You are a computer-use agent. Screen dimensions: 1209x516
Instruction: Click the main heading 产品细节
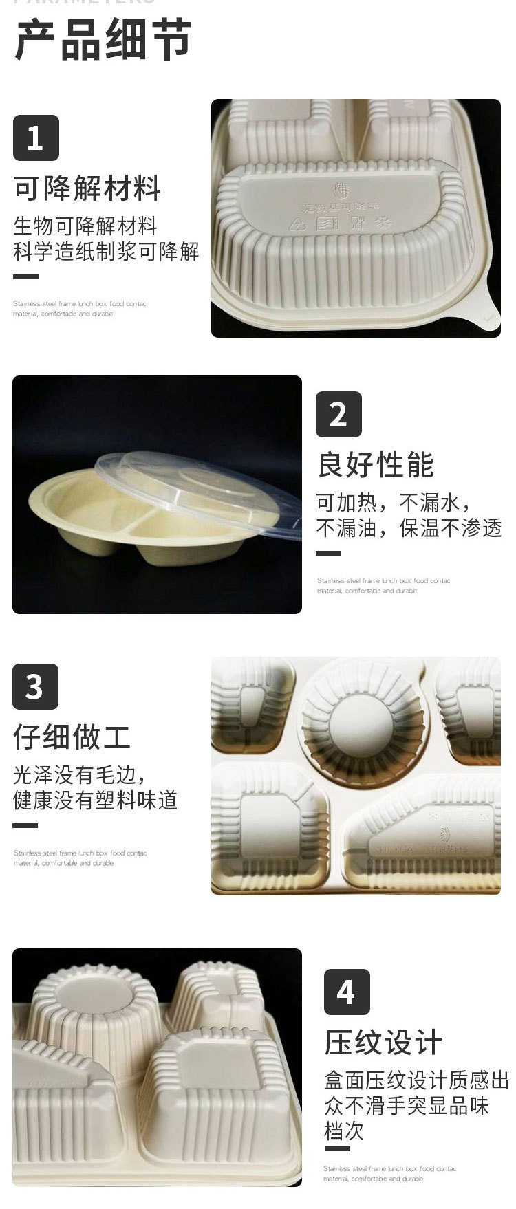pos(103,40)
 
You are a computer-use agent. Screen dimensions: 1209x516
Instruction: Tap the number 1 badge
pos(36,138)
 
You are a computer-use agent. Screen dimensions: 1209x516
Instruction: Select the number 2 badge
pos(338,414)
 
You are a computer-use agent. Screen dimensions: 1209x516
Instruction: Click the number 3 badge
pos(35,686)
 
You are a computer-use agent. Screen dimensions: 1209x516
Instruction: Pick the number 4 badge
pos(346,992)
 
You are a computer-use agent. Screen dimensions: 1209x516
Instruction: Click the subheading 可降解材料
pos(87,188)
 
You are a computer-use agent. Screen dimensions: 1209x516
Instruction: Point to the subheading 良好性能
pos(376,465)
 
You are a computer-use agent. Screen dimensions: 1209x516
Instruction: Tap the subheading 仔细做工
pos(72,737)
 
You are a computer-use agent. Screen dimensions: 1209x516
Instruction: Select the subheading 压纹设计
pos(383,1043)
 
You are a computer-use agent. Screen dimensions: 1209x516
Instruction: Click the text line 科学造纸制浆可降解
pos(106,251)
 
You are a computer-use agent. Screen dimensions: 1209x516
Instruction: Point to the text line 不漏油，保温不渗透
pos(409,527)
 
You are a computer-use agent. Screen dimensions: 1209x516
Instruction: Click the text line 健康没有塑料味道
pos(95,800)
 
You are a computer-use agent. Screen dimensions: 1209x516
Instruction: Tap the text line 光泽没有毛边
pos(79,774)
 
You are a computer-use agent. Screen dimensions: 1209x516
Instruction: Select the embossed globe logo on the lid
pos(342,190)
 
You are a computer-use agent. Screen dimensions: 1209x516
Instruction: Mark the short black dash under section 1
pos(25,277)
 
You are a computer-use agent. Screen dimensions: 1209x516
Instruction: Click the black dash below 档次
pos(336,1148)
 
